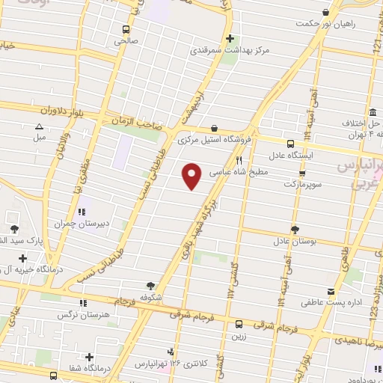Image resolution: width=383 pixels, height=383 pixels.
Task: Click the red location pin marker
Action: tap(193, 176)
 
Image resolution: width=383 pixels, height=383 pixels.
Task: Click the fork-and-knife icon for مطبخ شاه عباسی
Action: tap(239, 160)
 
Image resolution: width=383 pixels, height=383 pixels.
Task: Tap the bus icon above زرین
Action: tap(239, 324)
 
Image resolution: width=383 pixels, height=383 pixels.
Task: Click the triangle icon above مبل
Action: tap(39, 126)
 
